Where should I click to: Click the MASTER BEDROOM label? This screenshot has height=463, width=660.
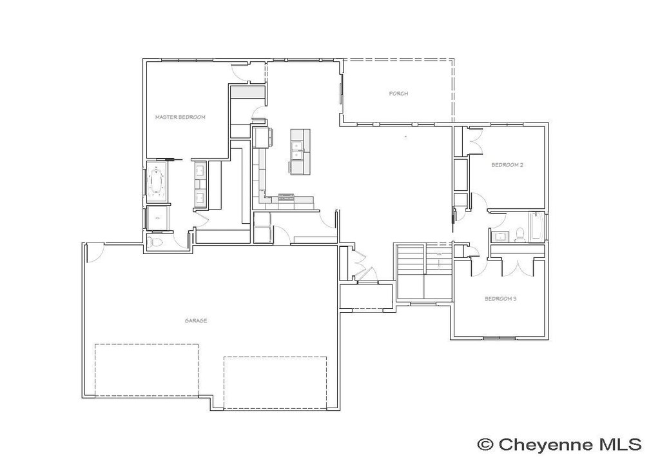coord(180,117)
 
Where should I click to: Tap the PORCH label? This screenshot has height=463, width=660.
coord(398,94)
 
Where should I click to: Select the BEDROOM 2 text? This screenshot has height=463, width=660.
coord(507,165)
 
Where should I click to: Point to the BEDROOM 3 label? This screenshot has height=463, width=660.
coord(500,299)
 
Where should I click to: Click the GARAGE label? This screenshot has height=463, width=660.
coord(195,320)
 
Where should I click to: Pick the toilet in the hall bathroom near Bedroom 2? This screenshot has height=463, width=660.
coord(520,235)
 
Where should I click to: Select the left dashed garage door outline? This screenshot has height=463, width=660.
coord(146,370)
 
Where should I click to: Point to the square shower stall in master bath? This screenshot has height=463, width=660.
coord(157,219)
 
